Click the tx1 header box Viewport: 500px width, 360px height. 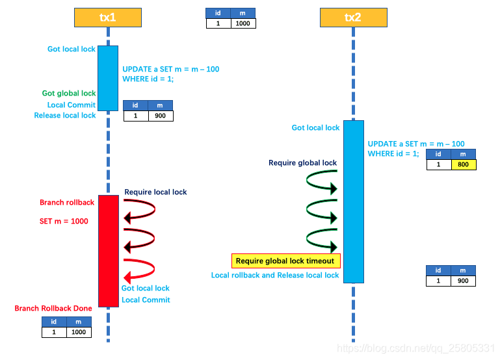107,18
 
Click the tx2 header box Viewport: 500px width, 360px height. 353,18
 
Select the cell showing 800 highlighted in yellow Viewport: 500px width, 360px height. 463,165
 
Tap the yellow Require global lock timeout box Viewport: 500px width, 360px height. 285,261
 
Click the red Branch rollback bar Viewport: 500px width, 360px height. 108,250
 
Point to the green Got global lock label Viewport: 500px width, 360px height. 69,94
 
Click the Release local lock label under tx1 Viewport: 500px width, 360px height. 65,116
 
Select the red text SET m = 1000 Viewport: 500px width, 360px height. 64,222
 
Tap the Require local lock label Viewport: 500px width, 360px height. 155,192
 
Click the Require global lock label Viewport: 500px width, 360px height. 303,163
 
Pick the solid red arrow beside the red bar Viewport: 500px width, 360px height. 140,270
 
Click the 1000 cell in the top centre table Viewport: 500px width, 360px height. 243,23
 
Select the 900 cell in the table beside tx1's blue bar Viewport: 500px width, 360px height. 160,116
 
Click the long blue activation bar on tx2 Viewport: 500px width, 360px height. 353,201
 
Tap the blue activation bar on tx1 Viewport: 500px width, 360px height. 108,78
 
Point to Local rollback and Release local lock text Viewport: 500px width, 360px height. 275,276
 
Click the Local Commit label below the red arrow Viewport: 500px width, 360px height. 146,300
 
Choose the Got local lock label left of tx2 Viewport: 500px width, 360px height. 315,128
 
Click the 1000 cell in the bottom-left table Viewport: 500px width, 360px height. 78,332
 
